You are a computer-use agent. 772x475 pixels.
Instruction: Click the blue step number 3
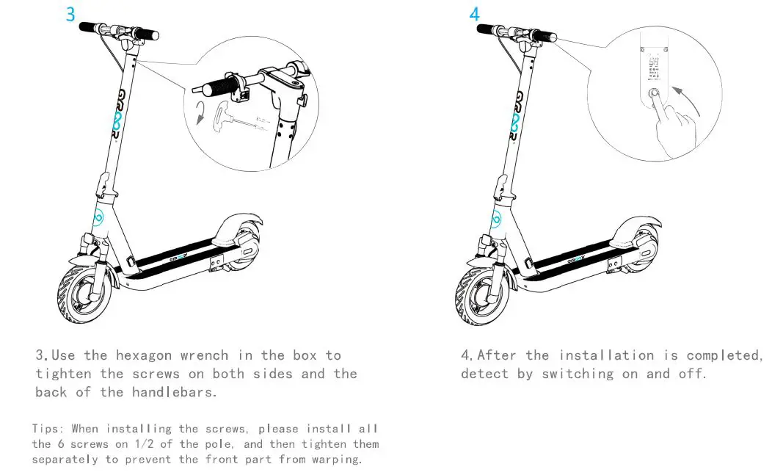pyautogui.click(x=70, y=14)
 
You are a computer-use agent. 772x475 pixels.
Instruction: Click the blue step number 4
pyautogui.click(x=474, y=14)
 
